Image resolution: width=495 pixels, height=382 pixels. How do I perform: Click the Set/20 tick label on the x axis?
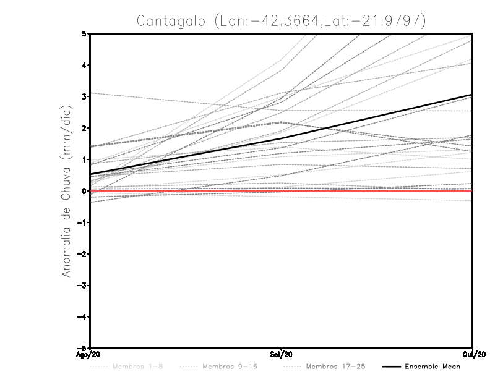coord(282,355)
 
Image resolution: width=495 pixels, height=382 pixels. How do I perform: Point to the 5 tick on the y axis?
coord(84,33)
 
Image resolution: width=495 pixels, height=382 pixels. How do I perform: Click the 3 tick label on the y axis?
coord(84,96)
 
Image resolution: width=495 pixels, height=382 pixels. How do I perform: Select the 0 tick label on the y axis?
coord(84,191)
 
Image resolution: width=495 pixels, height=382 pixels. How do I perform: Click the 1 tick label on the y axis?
coord(84,159)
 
